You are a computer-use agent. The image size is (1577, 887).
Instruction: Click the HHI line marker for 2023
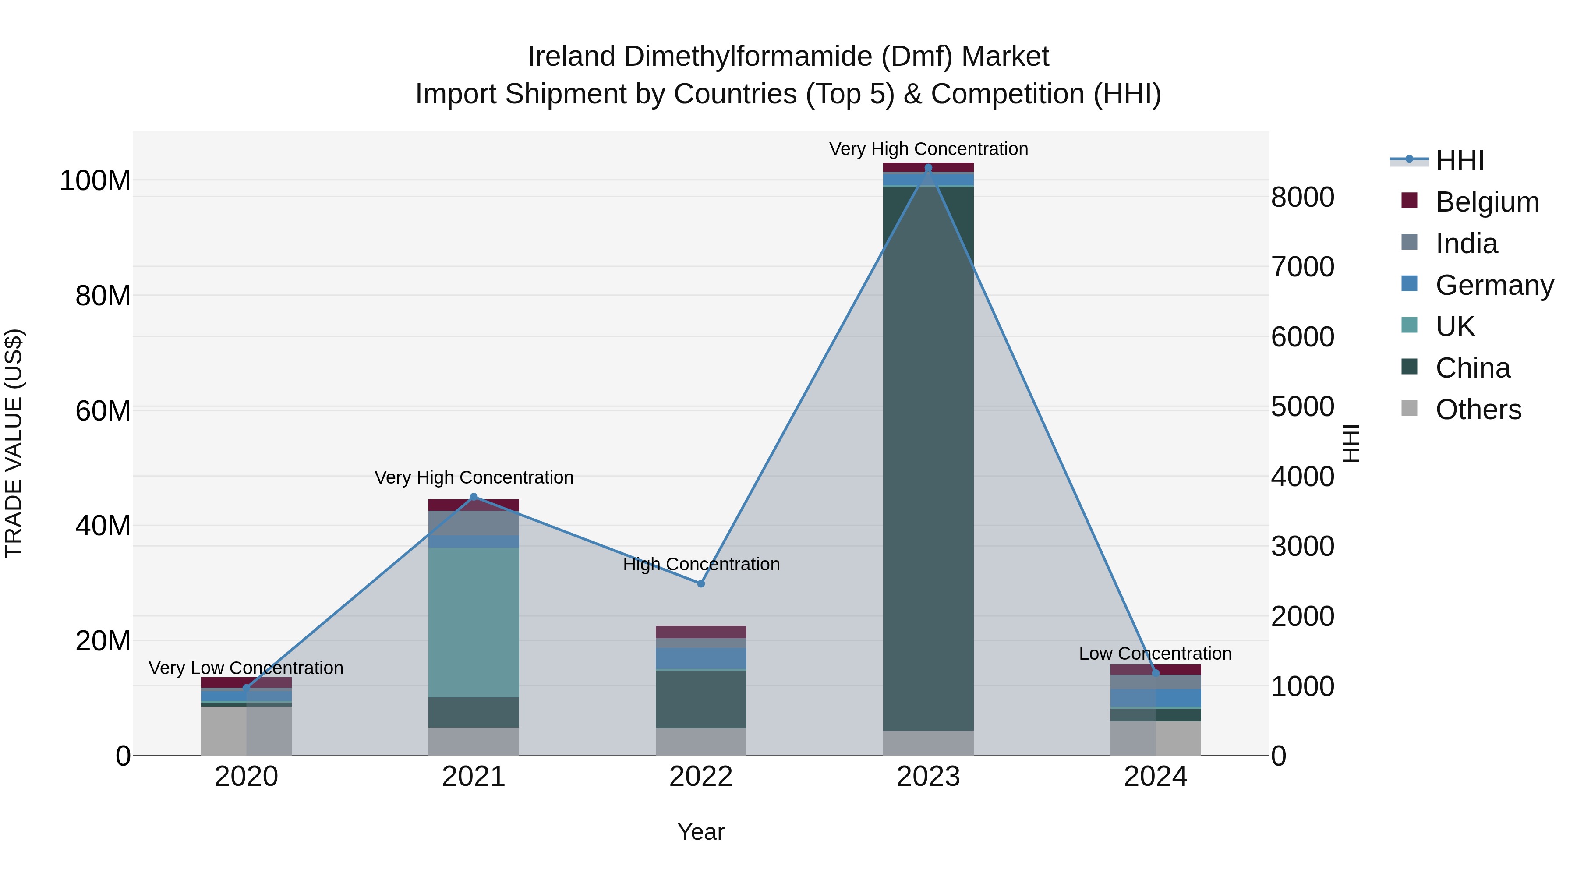[x=928, y=168]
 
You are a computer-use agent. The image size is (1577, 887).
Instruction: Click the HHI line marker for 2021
[x=473, y=496]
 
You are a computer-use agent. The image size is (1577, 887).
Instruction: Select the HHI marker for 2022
[x=701, y=583]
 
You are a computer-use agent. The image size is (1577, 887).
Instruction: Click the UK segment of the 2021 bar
[x=473, y=622]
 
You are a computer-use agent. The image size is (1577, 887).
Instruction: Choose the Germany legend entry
[x=1494, y=285]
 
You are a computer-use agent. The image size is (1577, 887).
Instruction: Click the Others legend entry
[x=1478, y=410]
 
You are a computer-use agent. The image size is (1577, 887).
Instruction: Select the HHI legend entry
[x=1460, y=160]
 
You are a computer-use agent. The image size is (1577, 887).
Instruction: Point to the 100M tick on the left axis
[x=95, y=181]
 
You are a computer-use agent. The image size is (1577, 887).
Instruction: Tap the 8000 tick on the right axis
[x=1302, y=197]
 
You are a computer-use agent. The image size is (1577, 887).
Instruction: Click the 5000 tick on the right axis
[x=1302, y=406]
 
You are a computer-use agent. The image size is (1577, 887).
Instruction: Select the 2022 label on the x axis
[x=701, y=777]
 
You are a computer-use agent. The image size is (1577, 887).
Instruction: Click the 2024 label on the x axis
[x=1155, y=777]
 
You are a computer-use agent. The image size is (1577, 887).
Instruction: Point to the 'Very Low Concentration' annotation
[x=246, y=668]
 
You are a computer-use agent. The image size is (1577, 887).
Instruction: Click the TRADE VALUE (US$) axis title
[x=14, y=443]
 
